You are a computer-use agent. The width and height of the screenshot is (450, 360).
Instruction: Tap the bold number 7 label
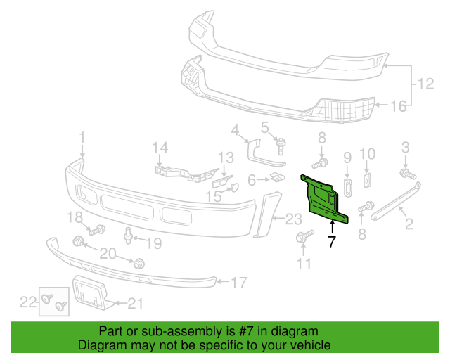[x=332, y=243]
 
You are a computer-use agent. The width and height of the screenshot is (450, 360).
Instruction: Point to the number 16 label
[x=398, y=106]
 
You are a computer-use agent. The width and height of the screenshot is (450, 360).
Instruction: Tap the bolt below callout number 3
[x=406, y=172]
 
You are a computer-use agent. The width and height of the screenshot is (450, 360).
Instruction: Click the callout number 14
[x=161, y=147]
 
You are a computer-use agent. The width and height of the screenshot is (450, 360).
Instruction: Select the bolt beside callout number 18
[x=97, y=229]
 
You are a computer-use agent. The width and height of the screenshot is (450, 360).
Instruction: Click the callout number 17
[x=238, y=283]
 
